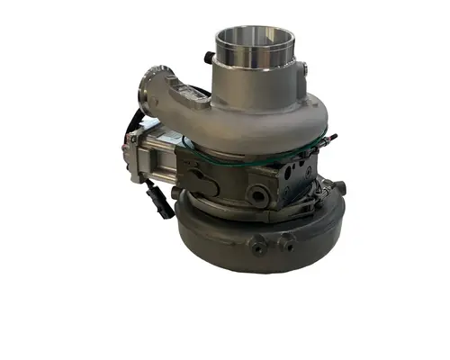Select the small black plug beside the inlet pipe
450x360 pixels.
209,57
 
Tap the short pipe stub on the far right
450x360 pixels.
341,189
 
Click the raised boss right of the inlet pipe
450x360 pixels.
302,67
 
